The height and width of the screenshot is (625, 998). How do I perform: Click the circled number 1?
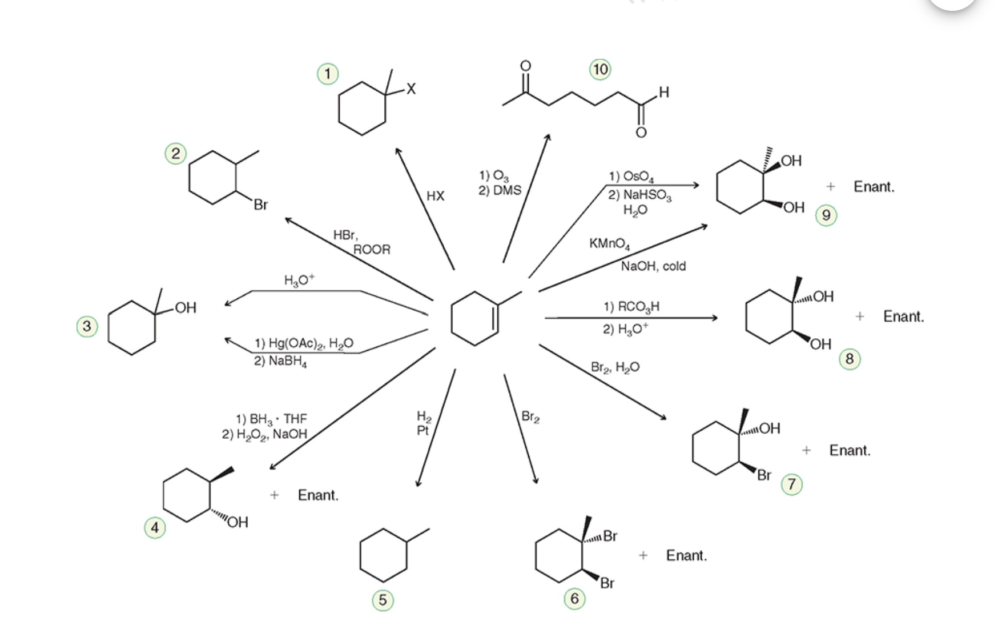[x=328, y=74]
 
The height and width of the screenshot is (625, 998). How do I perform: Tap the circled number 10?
[x=600, y=70]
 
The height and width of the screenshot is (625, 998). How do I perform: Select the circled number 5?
[x=383, y=600]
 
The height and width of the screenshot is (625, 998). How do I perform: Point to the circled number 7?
[x=791, y=484]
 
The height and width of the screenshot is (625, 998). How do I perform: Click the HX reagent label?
[x=435, y=196]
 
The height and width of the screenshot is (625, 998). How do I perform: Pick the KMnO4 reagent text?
[x=610, y=244]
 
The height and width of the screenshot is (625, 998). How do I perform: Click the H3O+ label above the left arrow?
[x=299, y=280]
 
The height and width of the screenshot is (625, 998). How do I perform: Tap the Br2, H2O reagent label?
[x=615, y=367]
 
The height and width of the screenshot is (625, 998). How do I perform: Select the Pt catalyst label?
[x=422, y=430]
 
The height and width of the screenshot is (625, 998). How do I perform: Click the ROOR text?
[x=372, y=250]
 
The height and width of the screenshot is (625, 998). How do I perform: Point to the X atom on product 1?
[x=411, y=89]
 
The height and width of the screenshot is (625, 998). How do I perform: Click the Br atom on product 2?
[x=260, y=205]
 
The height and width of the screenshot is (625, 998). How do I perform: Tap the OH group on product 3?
[x=186, y=308]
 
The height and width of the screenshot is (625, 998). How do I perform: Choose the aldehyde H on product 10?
[x=663, y=92]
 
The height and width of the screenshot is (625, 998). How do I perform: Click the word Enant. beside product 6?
[x=686, y=555]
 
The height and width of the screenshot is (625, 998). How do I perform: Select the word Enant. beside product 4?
[x=318, y=495]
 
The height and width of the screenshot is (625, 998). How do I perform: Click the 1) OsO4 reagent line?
[x=631, y=177]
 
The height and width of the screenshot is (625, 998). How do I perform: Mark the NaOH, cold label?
[x=653, y=266]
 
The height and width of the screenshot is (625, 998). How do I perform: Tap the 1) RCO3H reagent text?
[x=631, y=307]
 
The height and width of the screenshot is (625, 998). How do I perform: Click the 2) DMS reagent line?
[x=500, y=190]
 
